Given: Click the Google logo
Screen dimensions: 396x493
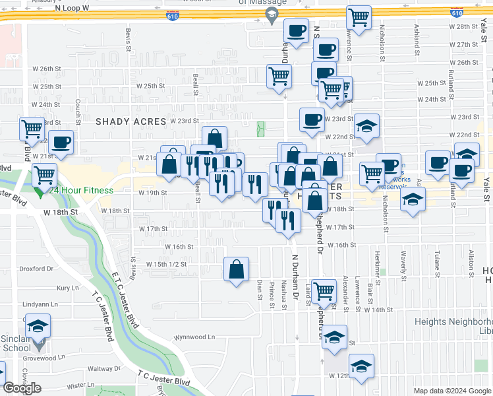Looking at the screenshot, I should [22, 388].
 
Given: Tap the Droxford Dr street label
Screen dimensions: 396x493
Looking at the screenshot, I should [36, 269].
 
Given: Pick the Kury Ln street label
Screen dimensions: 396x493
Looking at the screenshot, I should [67, 288].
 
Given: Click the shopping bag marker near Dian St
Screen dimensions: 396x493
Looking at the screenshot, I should [237, 269].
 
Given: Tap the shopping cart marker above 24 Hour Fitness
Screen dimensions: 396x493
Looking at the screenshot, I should [44, 175].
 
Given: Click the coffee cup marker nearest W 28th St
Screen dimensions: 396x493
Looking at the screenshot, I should [297, 30].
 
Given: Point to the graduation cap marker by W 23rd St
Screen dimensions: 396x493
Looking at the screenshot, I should [367, 126].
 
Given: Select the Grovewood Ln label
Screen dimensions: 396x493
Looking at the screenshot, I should [46, 357].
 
